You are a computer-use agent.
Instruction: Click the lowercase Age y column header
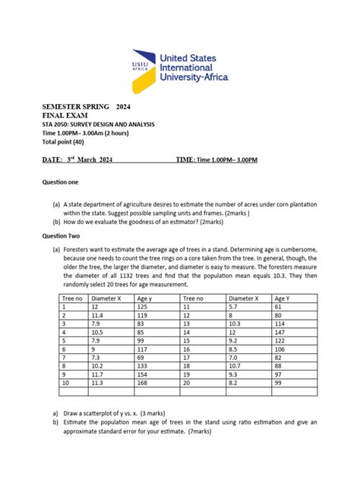coord(144,297)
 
